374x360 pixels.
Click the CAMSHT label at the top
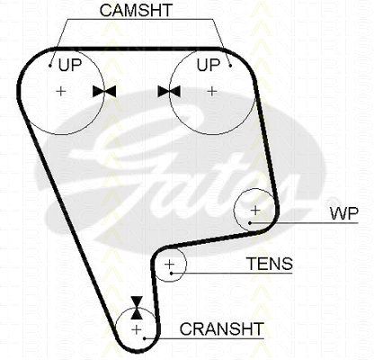tap(137, 10)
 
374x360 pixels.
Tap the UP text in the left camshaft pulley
tap(70, 65)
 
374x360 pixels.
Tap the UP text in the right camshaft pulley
tap(209, 65)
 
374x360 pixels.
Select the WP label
tap(344, 213)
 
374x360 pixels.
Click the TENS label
tap(270, 264)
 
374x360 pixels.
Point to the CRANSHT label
tap(222, 328)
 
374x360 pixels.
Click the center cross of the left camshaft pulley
tap(61, 91)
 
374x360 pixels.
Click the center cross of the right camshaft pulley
tap(212, 91)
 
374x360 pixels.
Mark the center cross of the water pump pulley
tap(255, 211)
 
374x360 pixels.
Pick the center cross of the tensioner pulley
tap(170, 265)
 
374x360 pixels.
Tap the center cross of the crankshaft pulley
tap(137, 329)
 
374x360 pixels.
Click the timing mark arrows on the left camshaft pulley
tap(104, 91)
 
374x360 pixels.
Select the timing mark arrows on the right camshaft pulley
tap(169, 91)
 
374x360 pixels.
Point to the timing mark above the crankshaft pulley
tap(137, 308)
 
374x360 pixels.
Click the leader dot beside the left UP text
tap(50, 66)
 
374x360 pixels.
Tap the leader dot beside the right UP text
tap(230, 66)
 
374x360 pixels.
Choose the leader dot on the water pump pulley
tap(250, 223)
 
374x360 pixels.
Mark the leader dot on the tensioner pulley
tap(172, 273)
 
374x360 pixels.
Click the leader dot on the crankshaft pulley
tap(145, 338)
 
